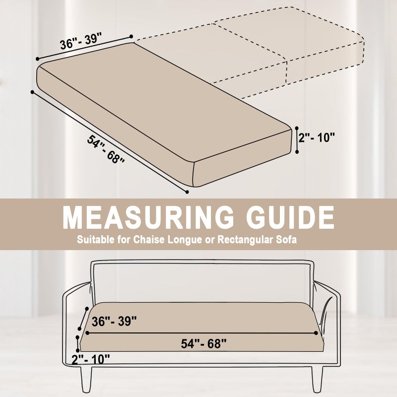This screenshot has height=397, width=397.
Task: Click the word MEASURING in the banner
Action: coord(148,217)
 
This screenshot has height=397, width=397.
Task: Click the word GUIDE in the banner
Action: coord(289,217)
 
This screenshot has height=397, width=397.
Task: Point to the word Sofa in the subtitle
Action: coord(286,240)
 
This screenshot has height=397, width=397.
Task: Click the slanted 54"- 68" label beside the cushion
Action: coord(106,149)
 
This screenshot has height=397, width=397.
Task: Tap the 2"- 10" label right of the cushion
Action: coord(317,138)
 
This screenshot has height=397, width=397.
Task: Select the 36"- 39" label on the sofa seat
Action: coord(114,321)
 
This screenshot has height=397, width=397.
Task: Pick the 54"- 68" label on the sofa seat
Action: coord(204,343)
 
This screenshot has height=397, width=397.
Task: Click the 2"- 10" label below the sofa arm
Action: coord(91,359)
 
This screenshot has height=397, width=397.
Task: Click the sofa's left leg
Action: coord(86,379)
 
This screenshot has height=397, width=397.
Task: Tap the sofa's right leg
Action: coord(317,379)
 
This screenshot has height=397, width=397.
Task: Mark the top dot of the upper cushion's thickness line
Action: coord(297,128)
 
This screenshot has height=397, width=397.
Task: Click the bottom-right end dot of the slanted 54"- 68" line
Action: coord(187,192)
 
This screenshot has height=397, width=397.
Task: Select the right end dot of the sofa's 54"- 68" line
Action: coord(316,333)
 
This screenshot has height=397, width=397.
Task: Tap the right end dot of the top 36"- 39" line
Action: coord(131,36)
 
